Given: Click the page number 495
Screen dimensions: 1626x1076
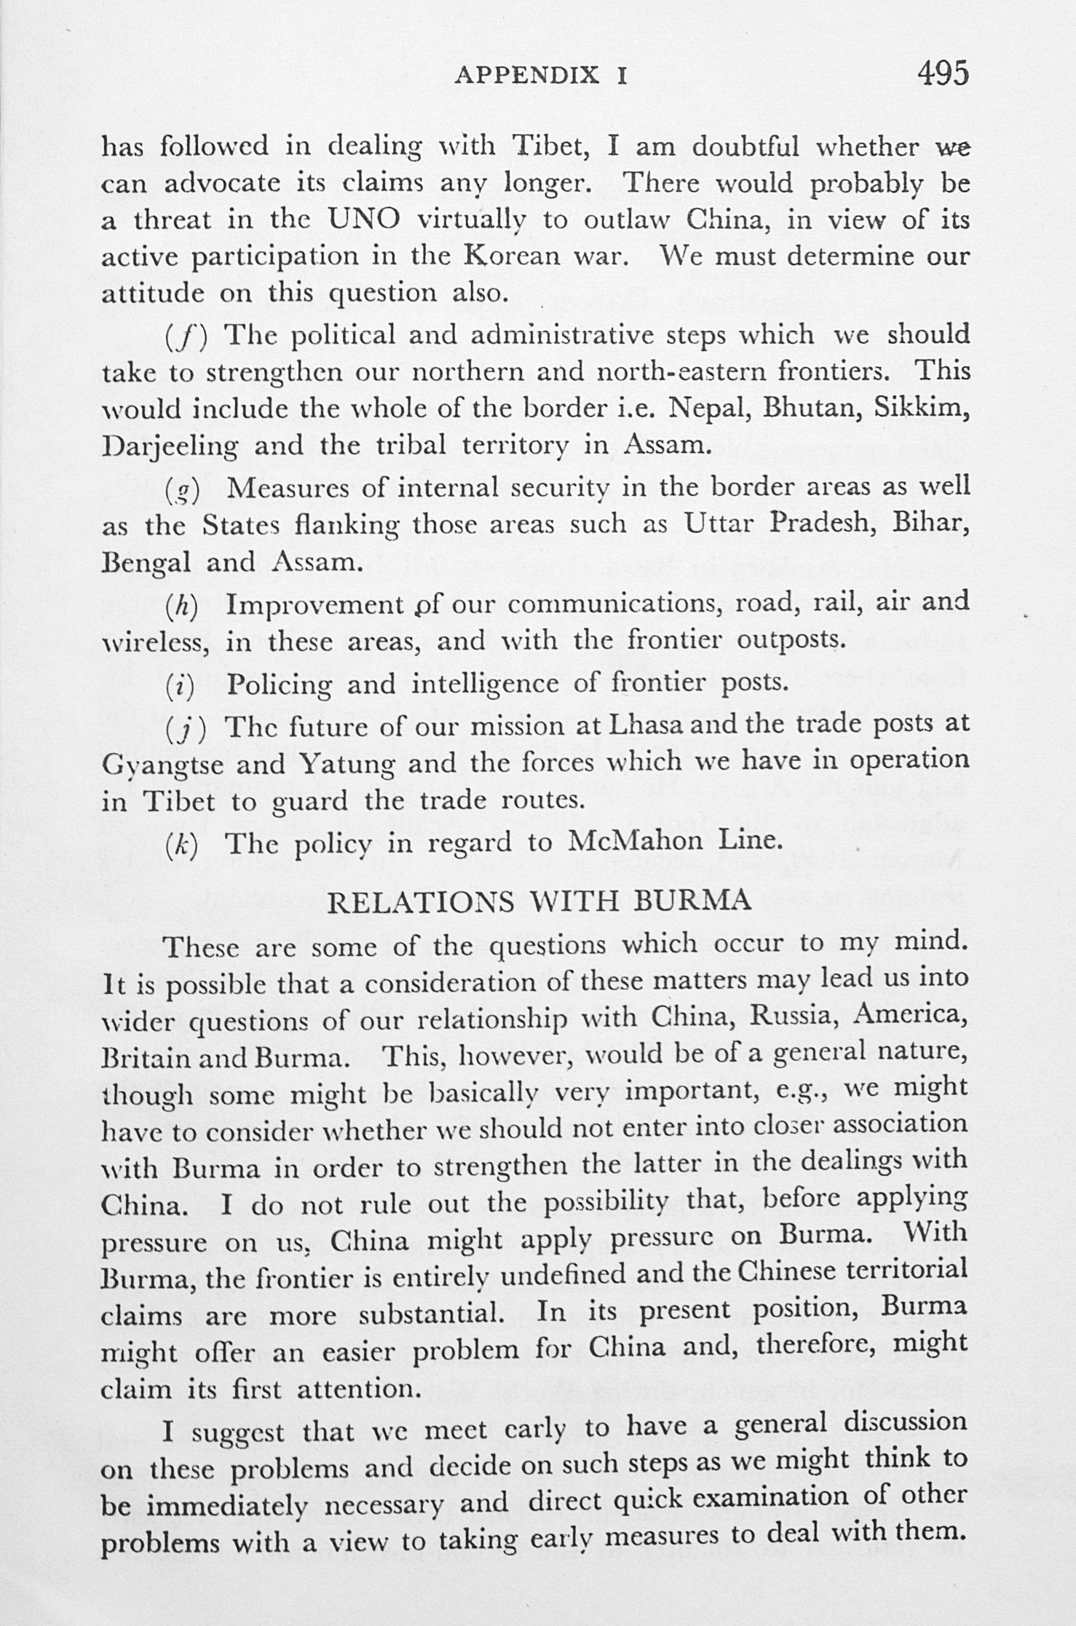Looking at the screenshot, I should pos(943,74).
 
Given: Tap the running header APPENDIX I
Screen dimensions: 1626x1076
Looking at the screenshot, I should pos(541,76).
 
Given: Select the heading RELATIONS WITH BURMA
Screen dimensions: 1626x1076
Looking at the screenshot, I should pos(539,901).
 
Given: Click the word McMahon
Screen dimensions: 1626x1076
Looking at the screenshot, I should pos(634,841).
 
